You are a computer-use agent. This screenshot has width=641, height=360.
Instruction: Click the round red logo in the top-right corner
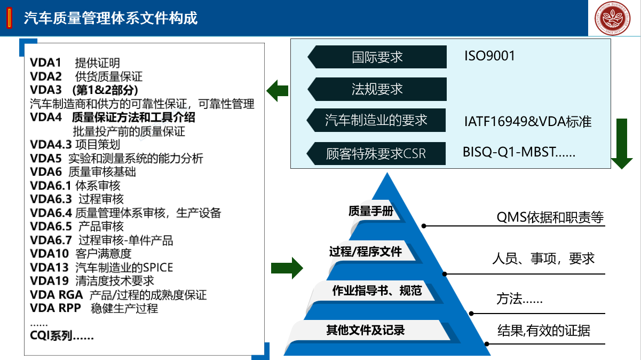[x=615, y=18]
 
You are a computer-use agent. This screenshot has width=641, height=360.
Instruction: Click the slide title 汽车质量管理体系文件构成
[x=110, y=18]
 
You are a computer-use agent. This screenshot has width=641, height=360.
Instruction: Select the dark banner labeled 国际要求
[x=377, y=57]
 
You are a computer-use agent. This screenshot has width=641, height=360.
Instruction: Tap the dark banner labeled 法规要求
[x=377, y=89]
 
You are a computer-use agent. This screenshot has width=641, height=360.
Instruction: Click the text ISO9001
[x=489, y=56]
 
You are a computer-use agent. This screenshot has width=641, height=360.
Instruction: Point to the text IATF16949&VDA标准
[x=527, y=121]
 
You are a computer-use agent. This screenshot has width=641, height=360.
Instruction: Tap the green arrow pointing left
[x=278, y=91]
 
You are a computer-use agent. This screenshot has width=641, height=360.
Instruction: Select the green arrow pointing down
[x=621, y=143]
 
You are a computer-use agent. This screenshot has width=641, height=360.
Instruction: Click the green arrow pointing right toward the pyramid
[x=287, y=267]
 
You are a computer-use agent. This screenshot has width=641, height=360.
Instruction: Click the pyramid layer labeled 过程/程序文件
[x=366, y=252]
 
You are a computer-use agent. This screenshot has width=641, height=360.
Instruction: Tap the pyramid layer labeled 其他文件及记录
[x=366, y=330]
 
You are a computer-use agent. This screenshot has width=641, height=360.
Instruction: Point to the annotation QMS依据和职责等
[x=550, y=217]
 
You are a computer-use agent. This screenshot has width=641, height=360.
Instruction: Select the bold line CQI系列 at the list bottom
[x=62, y=336]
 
